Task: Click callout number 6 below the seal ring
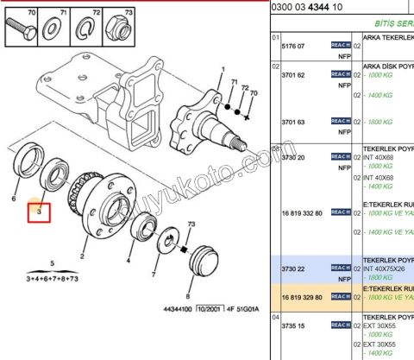14,199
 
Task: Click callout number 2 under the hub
83,256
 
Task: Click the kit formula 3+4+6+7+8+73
52,279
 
